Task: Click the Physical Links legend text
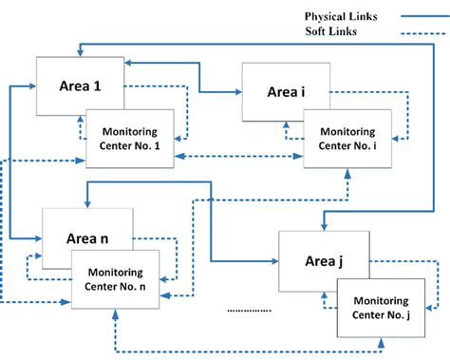coord(343,16)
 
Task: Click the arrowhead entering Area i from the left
coord(237,92)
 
